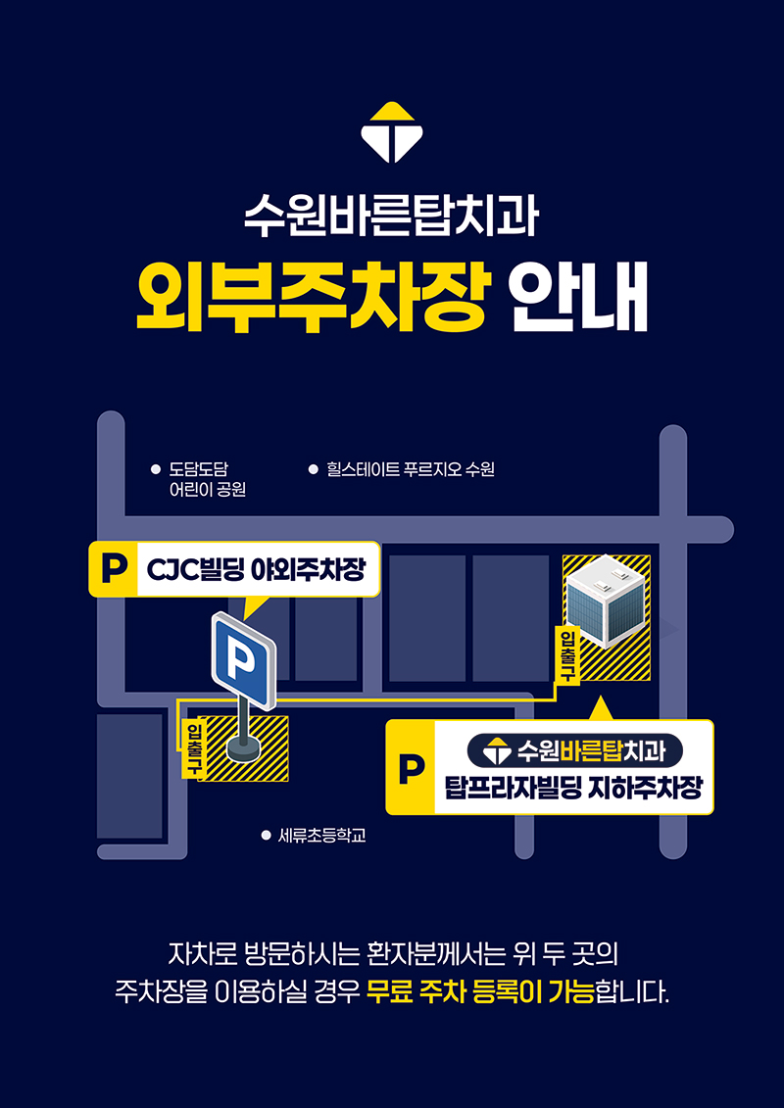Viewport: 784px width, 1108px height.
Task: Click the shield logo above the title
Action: [392, 132]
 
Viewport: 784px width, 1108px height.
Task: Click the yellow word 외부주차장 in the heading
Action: [312, 299]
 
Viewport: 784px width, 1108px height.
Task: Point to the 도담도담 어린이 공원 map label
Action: [207, 478]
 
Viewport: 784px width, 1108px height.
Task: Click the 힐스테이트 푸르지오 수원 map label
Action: [410, 468]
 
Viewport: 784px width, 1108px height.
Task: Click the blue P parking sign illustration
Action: [243, 660]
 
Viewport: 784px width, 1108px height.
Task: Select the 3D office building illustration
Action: [606, 600]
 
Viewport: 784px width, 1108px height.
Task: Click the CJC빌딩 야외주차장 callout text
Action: [255, 569]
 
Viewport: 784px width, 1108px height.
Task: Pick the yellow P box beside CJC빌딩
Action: [113, 569]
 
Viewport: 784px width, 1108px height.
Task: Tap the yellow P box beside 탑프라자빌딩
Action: [411, 767]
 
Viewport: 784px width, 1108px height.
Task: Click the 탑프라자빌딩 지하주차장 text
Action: [574, 788]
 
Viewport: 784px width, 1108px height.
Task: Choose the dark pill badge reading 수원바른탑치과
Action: [574, 749]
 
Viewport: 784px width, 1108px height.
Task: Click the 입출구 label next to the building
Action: [568, 655]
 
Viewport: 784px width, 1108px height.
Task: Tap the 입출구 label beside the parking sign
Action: [191, 747]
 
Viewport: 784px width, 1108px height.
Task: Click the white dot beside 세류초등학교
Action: [267, 836]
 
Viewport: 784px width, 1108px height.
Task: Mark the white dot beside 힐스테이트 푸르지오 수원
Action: [314, 468]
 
